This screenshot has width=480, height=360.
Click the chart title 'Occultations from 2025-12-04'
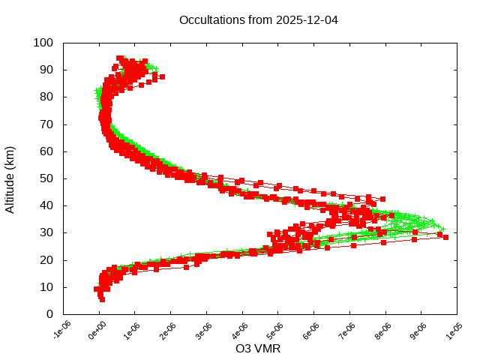(x=258, y=19)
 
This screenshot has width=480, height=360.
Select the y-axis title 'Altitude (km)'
(x=10, y=178)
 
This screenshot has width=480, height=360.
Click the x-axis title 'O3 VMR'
(x=258, y=349)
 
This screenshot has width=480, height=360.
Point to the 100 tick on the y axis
(x=43, y=43)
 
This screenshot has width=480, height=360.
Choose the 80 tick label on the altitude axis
(x=46, y=97)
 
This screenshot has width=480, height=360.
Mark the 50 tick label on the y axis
(x=46, y=178)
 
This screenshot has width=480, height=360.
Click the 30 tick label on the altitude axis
(x=46, y=232)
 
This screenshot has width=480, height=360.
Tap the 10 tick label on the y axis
(x=46, y=287)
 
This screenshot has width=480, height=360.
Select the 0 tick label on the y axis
(x=49, y=314)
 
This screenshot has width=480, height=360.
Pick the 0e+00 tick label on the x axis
(x=97, y=331)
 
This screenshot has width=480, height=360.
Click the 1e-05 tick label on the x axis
(x=454, y=331)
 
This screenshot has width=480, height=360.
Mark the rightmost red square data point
(x=445, y=237)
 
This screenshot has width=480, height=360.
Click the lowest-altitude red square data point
(x=102, y=299)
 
